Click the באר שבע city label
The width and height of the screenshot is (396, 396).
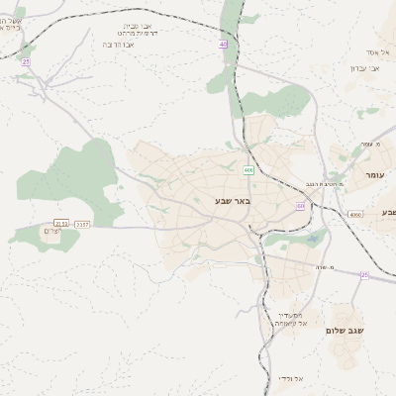(x=233, y=201)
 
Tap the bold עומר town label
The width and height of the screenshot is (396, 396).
(x=373, y=174)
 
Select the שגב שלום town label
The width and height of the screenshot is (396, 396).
(x=346, y=330)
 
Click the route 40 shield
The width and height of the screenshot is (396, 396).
(x=224, y=45)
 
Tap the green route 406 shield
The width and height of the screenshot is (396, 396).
(x=247, y=170)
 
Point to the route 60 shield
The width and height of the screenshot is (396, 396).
(x=299, y=206)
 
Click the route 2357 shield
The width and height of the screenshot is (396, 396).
(x=82, y=224)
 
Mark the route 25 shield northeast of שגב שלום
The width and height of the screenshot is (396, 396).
(x=363, y=275)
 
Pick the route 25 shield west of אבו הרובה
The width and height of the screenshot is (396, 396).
(x=26, y=62)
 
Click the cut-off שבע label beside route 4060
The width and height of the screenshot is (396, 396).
(x=385, y=213)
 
